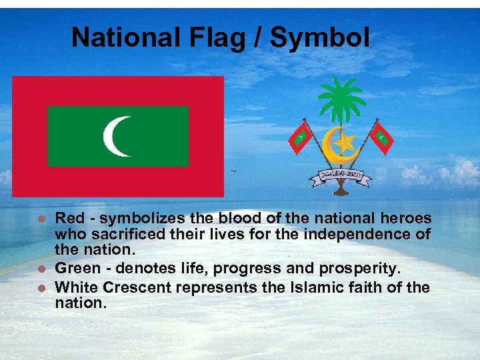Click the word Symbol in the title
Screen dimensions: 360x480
[319, 38]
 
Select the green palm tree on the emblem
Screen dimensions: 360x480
[341, 101]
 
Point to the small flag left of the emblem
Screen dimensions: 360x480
[301, 137]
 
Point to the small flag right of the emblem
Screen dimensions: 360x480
[381, 137]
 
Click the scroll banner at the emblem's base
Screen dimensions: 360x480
[341, 177]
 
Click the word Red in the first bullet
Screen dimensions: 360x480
[69, 218]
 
